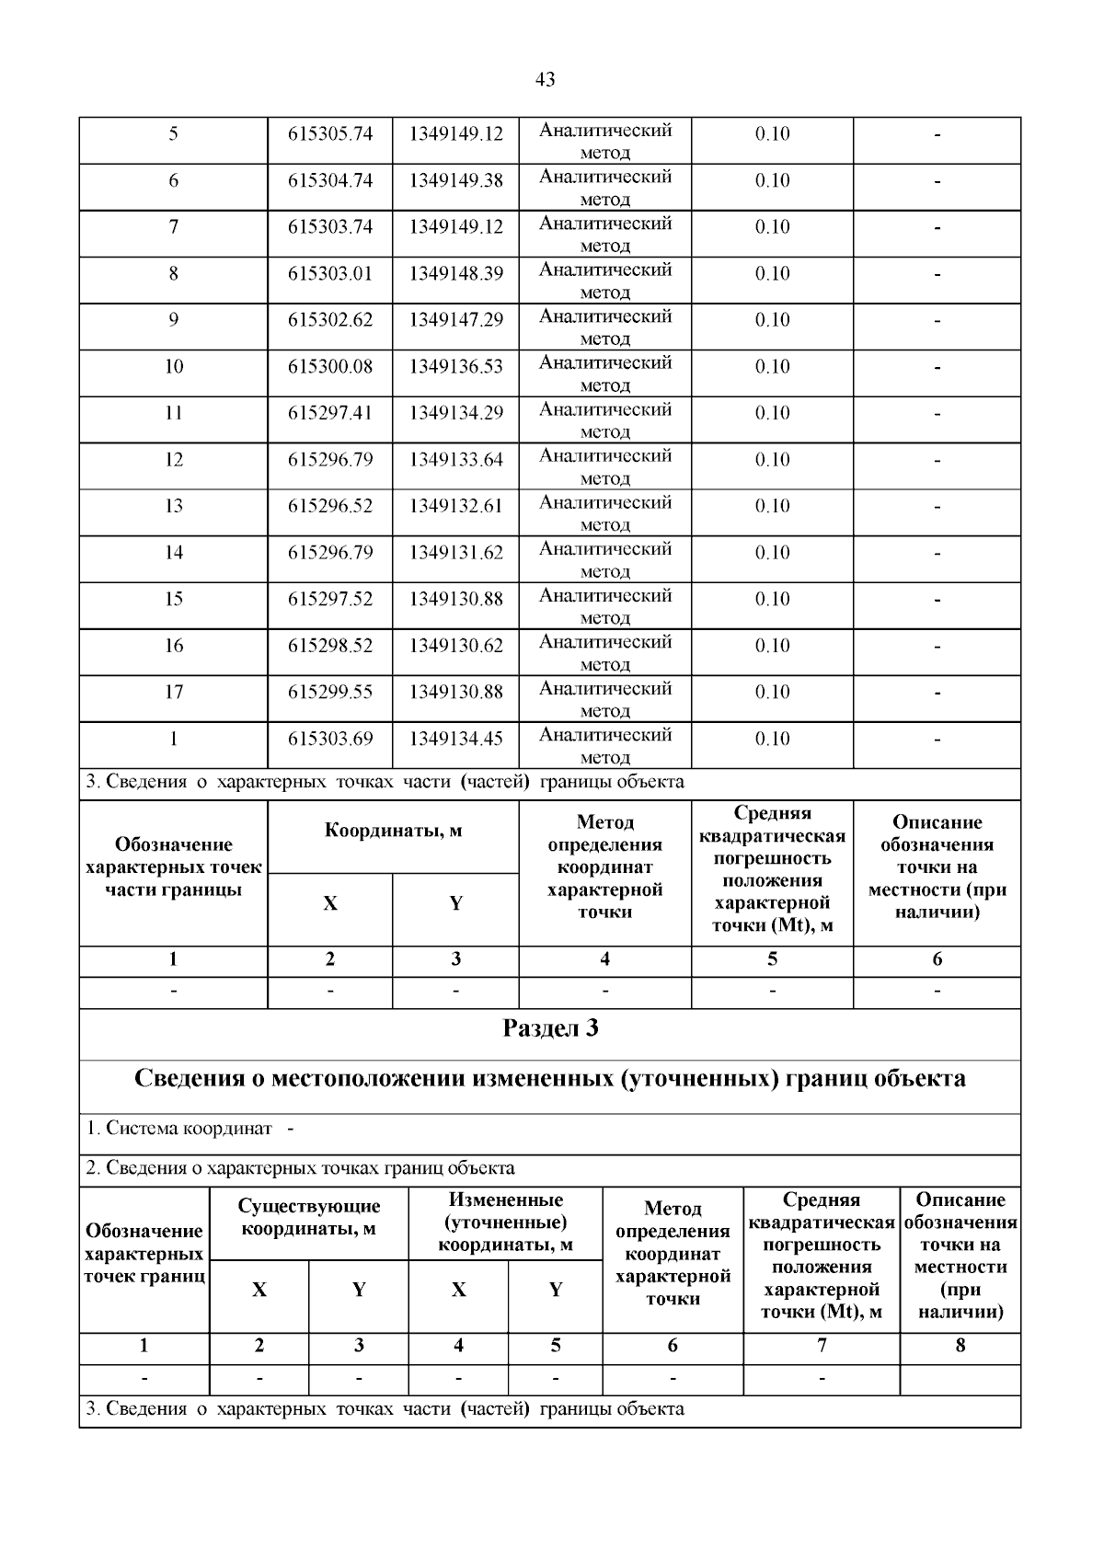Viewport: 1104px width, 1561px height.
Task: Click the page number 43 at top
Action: [545, 80]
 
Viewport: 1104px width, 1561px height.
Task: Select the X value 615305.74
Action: [330, 134]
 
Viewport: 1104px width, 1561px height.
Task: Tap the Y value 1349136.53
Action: [456, 367]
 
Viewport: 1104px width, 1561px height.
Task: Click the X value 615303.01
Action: [330, 274]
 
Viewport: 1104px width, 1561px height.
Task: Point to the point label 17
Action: [174, 693]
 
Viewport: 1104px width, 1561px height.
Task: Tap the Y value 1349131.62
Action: [456, 553]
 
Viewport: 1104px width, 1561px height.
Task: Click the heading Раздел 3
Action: [550, 1028]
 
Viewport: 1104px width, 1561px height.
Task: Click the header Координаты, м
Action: [393, 832]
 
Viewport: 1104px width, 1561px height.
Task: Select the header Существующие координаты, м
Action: [309, 1217]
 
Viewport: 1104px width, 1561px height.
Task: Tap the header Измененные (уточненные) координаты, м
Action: [505, 1222]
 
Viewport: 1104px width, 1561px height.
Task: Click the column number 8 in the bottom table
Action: [960, 1346]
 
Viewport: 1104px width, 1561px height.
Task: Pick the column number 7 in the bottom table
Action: [821, 1346]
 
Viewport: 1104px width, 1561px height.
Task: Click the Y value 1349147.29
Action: [456, 320]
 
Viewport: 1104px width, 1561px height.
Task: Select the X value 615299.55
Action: [330, 693]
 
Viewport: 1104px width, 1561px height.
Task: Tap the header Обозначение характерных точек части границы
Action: [174, 867]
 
